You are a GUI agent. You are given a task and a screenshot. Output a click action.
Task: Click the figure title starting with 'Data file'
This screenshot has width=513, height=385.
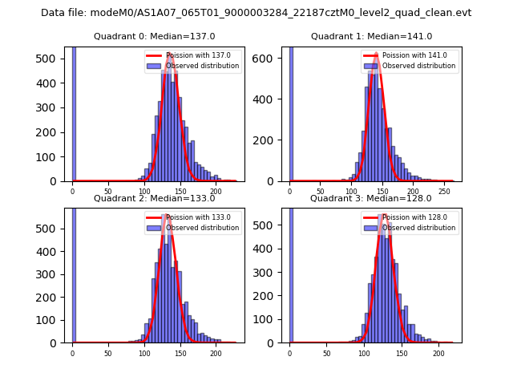256,13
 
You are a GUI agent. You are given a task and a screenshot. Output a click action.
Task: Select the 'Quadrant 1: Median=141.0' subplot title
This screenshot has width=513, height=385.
371,36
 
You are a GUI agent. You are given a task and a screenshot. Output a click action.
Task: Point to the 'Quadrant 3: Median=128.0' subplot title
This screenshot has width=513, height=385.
371,198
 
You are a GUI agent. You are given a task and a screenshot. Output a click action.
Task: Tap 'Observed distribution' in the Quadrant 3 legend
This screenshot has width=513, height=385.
419,228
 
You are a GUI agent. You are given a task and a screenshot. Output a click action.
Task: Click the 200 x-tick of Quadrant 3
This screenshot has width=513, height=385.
438,353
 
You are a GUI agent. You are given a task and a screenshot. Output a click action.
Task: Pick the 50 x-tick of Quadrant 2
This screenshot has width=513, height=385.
108,353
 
